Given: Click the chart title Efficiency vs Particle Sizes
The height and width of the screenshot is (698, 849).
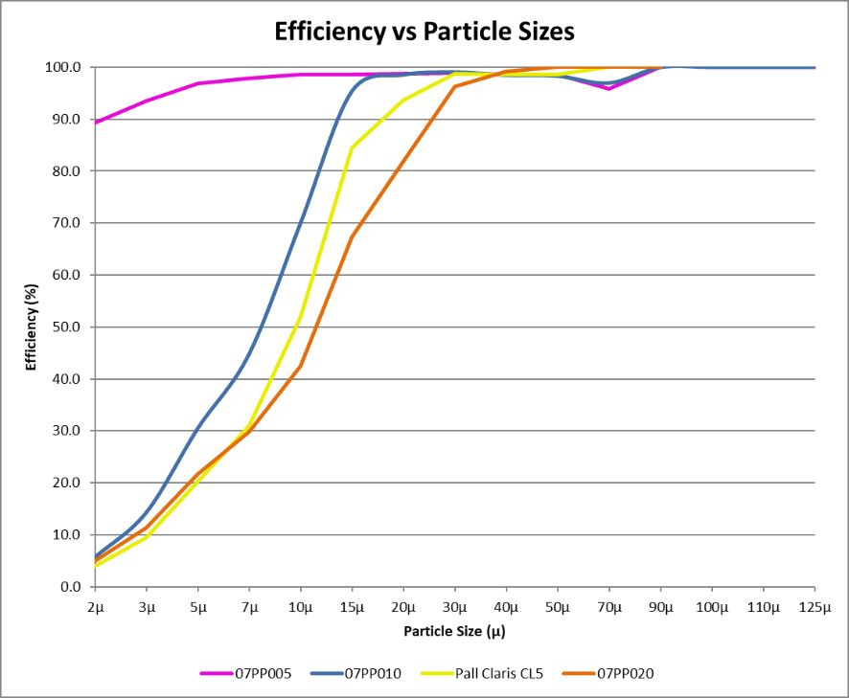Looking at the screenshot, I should (x=424, y=32).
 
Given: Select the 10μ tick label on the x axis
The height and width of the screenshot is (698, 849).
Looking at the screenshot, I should (x=301, y=608).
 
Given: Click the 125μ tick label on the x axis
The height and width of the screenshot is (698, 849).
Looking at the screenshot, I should (x=815, y=608).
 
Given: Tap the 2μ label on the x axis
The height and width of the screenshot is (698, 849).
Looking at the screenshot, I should (x=95, y=608).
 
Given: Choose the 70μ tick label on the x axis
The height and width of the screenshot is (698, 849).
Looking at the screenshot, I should (x=608, y=608).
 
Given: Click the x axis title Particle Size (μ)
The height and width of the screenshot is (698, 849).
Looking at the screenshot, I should (x=454, y=631).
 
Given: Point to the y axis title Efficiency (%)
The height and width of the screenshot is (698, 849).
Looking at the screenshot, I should (x=32, y=326).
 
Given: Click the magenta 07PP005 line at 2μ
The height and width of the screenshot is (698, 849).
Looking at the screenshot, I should (x=96, y=123).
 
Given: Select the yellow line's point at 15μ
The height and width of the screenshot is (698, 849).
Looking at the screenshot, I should (x=353, y=147).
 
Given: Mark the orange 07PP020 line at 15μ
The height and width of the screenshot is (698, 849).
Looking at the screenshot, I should (x=353, y=236).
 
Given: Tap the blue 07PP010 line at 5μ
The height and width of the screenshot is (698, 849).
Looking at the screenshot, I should (x=198, y=427).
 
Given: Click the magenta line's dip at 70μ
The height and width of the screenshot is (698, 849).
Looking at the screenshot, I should (x=608, y=88).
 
